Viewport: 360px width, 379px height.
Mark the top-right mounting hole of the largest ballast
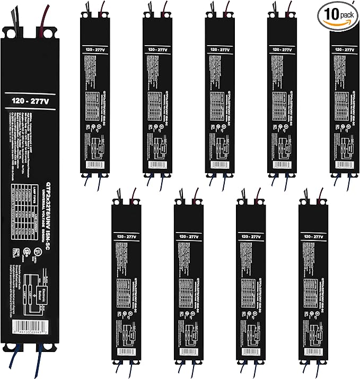[x=49, y=33]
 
